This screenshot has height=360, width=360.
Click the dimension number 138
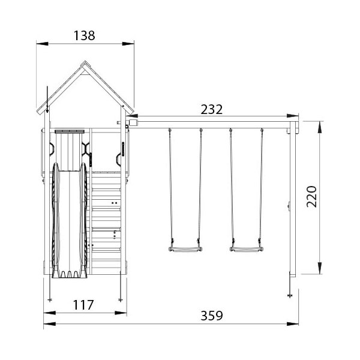(x=84, y=35)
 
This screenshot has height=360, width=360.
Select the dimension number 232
(x=211, y=110)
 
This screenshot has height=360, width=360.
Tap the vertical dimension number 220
(x=311, y=197)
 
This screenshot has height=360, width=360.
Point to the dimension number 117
(x=83, y=305)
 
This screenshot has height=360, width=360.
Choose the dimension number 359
(x=211, y=316)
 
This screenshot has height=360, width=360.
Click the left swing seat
(x=185, y=250)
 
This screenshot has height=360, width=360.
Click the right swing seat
(x=247, y=250)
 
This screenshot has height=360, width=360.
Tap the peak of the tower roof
(x=85, y=61)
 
